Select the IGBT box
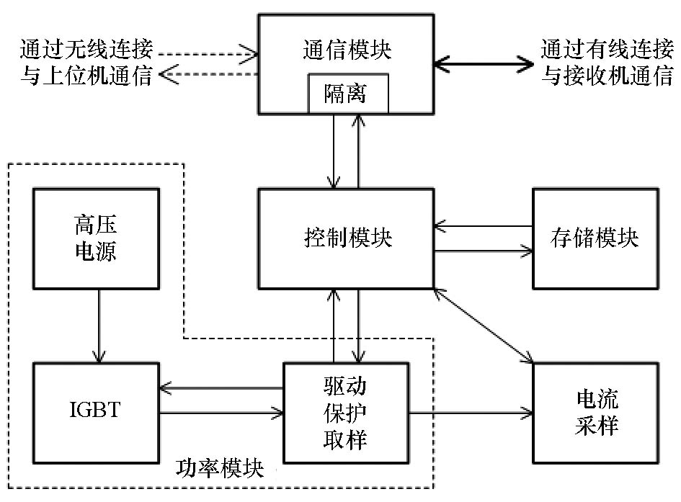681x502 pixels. [x=96, y=413]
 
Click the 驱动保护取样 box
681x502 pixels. [x=346, y=413]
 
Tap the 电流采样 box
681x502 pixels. [x=595, y=413]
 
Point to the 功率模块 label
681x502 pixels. [x=220, y=470]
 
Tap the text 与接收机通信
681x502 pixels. [x=606, y=76]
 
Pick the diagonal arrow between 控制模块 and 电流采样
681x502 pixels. [x=484, y=325]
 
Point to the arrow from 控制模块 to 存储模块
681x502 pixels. [x=484, y=251]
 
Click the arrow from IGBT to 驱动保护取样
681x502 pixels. [x=221, y=413]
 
